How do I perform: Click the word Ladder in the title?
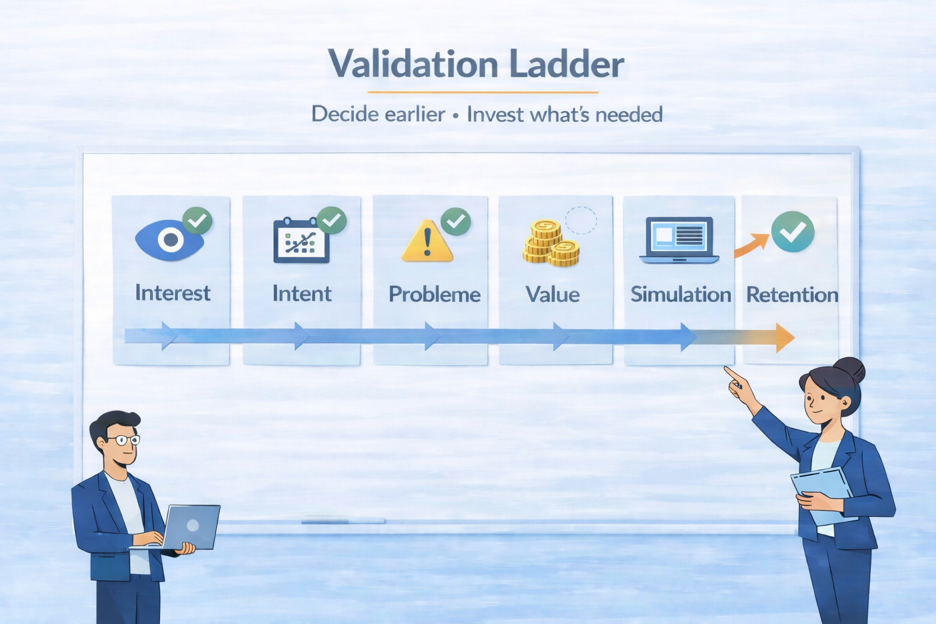point(566,64)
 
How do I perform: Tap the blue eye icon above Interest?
point(169,240)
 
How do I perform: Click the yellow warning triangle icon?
point(427,242)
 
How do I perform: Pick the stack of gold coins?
point(550,243)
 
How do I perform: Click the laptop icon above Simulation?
point(679,240)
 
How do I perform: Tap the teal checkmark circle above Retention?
point(792,232)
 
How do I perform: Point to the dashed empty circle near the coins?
point(581,220)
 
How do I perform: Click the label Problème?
point(434,295)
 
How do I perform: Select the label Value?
point(552,295)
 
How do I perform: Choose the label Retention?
point(792,295)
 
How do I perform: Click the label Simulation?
point(680,295)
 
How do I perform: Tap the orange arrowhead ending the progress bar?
point(785,337)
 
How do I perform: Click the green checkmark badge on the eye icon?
point(197,221)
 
